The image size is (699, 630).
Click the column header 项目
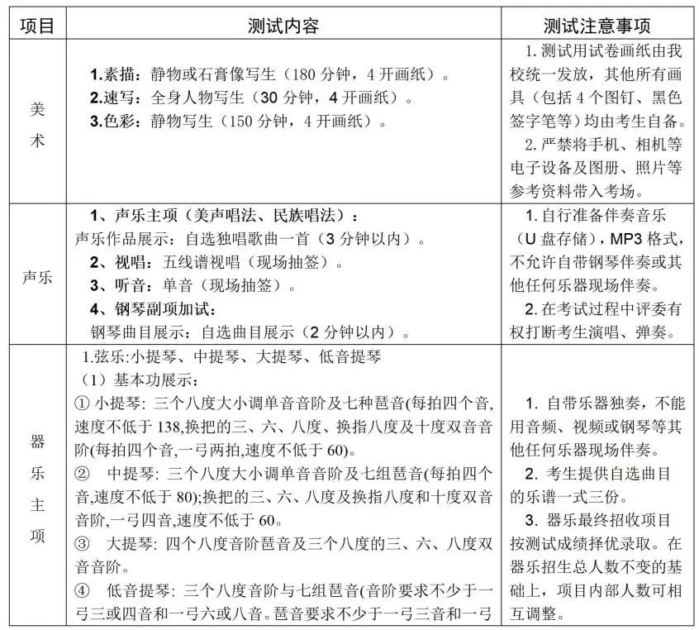[x=36, y=26]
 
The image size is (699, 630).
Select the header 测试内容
[x=283, y=26]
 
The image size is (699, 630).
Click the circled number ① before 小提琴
[x=81, y=403]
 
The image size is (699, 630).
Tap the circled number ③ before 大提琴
[x=81, y=545]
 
